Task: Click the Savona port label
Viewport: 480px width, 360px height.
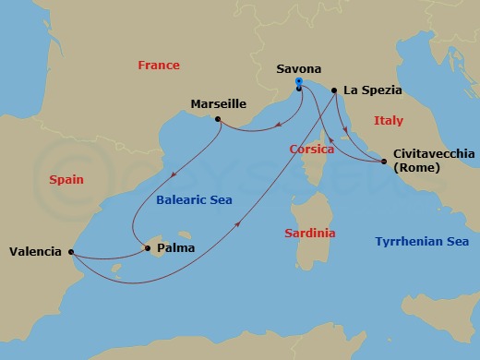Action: (299, 68)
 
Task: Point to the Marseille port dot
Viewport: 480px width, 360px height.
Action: (217, 119)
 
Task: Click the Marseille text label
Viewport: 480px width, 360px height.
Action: (217, 103)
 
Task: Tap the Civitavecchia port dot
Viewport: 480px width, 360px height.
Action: (384, 162)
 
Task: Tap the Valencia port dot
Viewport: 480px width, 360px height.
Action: (71, 251)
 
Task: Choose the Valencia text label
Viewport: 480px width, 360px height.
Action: (36, 251)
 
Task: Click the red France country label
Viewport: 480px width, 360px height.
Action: (158, 66)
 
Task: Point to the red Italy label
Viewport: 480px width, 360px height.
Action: (389, 121)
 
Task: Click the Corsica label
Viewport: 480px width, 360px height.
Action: (311, 148)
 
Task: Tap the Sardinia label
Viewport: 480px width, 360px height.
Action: (308, 234)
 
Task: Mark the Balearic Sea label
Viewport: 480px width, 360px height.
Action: (193, 199)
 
